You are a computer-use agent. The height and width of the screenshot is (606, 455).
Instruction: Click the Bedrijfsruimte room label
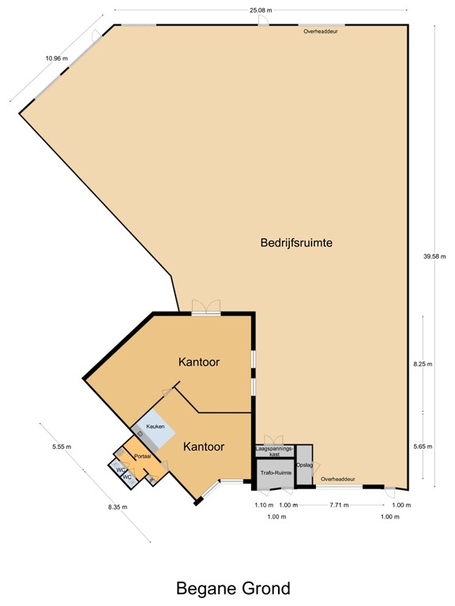coord(295,243)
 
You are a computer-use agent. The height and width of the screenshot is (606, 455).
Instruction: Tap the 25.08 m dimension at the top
coord(260,9)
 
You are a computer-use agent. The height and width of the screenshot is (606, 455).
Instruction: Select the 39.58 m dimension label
coord(434,256)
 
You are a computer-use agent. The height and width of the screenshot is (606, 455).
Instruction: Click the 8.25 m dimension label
coord(424,365)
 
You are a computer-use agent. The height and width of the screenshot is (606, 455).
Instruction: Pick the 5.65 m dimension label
coord(424,447)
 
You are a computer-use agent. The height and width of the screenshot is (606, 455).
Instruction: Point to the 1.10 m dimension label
coord(263,505)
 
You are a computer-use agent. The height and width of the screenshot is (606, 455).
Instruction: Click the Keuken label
coord(155,426)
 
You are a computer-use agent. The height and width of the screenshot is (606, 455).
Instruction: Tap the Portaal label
coord(142,457)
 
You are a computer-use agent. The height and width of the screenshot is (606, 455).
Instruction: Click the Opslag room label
coord(304,465)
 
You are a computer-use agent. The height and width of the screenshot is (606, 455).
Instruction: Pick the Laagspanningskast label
coord(274,451)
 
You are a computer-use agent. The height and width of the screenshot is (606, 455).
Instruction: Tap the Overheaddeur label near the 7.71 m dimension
coord(338,479)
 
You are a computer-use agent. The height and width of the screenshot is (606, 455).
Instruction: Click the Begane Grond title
coord(233,588)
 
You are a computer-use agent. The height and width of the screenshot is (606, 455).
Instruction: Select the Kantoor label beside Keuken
coord(204,447)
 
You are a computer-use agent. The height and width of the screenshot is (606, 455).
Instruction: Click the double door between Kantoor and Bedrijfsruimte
coord(206,308)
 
